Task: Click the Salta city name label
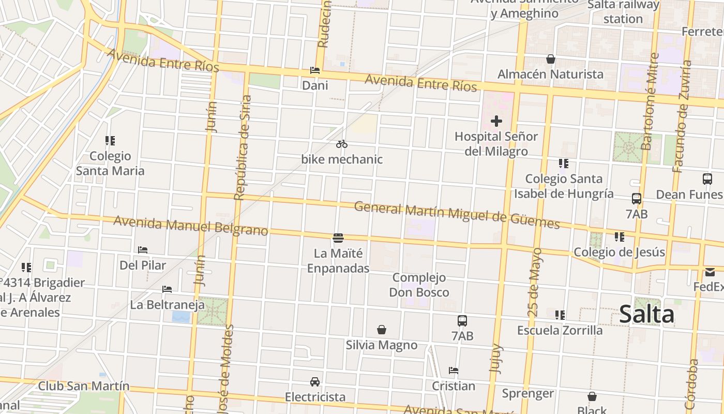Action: click(x=646, y=314)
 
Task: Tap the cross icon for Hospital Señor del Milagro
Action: click(x=496, y=121)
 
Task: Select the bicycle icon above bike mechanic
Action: click(x=342, y=144)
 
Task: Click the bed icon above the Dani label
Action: click(x=315, y=70)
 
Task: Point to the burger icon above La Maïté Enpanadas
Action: click(x=338, y=238)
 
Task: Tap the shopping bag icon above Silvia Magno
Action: click(x=382, y=330)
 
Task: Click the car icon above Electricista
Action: click(x=315, y=382)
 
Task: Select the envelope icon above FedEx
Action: click(x=710, y=272)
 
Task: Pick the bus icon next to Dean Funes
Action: click(x=707, y=179)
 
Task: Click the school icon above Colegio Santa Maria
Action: click(x=110, y=141)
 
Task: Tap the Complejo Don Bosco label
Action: click(x=419, y=285)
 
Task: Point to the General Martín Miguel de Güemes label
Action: click(x=457, y=215)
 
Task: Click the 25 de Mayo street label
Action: click(x=536, y=283)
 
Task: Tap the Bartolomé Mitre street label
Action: click(x=650, y=101)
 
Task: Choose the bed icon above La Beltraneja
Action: click(x=167, y=289)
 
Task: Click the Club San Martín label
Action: click(x=84, y=386)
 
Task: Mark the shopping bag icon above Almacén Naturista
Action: click(x=551, y=60)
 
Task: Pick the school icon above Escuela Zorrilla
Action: click(x=560, y=315)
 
